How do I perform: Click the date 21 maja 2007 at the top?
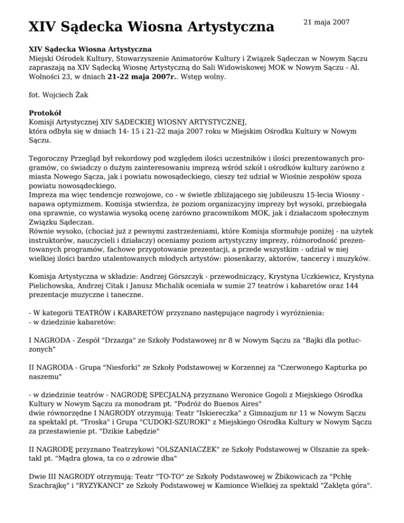(327, 23)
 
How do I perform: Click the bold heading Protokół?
(46, 113)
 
